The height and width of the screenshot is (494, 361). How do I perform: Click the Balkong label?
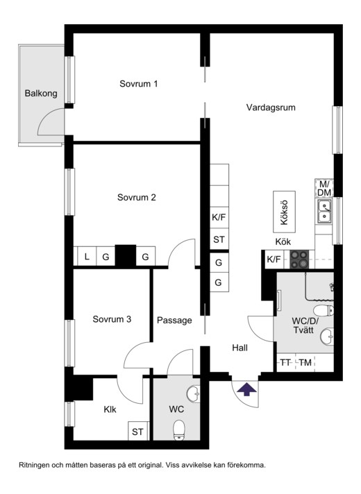click(x=41, y=94)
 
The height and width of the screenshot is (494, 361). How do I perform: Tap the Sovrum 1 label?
click(x=138, y=84)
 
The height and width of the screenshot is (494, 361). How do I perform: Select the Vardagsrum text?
click(x=271, y=108)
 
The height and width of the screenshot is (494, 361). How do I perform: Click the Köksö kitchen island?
click(x=284, y=212)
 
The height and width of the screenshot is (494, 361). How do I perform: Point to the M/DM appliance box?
click(x=324, y=188)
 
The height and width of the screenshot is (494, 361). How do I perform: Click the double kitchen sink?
click(x=324, y=211)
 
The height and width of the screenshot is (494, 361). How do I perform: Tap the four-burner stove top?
click(x=299, y=259)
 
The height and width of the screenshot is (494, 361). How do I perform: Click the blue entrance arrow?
click(x=246, y=389)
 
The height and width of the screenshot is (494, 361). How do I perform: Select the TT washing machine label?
click(x=285, y=363)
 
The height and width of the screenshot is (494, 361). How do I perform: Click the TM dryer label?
click(x=305, y=363)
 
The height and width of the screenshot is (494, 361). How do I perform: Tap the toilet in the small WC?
click(x=179, y=429)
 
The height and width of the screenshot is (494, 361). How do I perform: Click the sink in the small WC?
click(x=193, y=394)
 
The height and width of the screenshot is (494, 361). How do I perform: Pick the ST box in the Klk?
click(x=137, y=431)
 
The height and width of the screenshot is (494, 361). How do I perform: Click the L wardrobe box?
click(x=87, y=257)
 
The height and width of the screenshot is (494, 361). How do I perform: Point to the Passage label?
click(x=174, y=321)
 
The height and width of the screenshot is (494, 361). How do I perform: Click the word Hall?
click(x=240, y=348)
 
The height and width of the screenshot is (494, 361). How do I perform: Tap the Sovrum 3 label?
click(x=112, y=319)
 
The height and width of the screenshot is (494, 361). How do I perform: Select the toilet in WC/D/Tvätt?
click(x=324, y=310)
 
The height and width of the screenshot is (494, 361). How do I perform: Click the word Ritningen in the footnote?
click(x=34, y=465)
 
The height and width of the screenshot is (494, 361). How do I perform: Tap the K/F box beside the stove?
click(x=274, y=259)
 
